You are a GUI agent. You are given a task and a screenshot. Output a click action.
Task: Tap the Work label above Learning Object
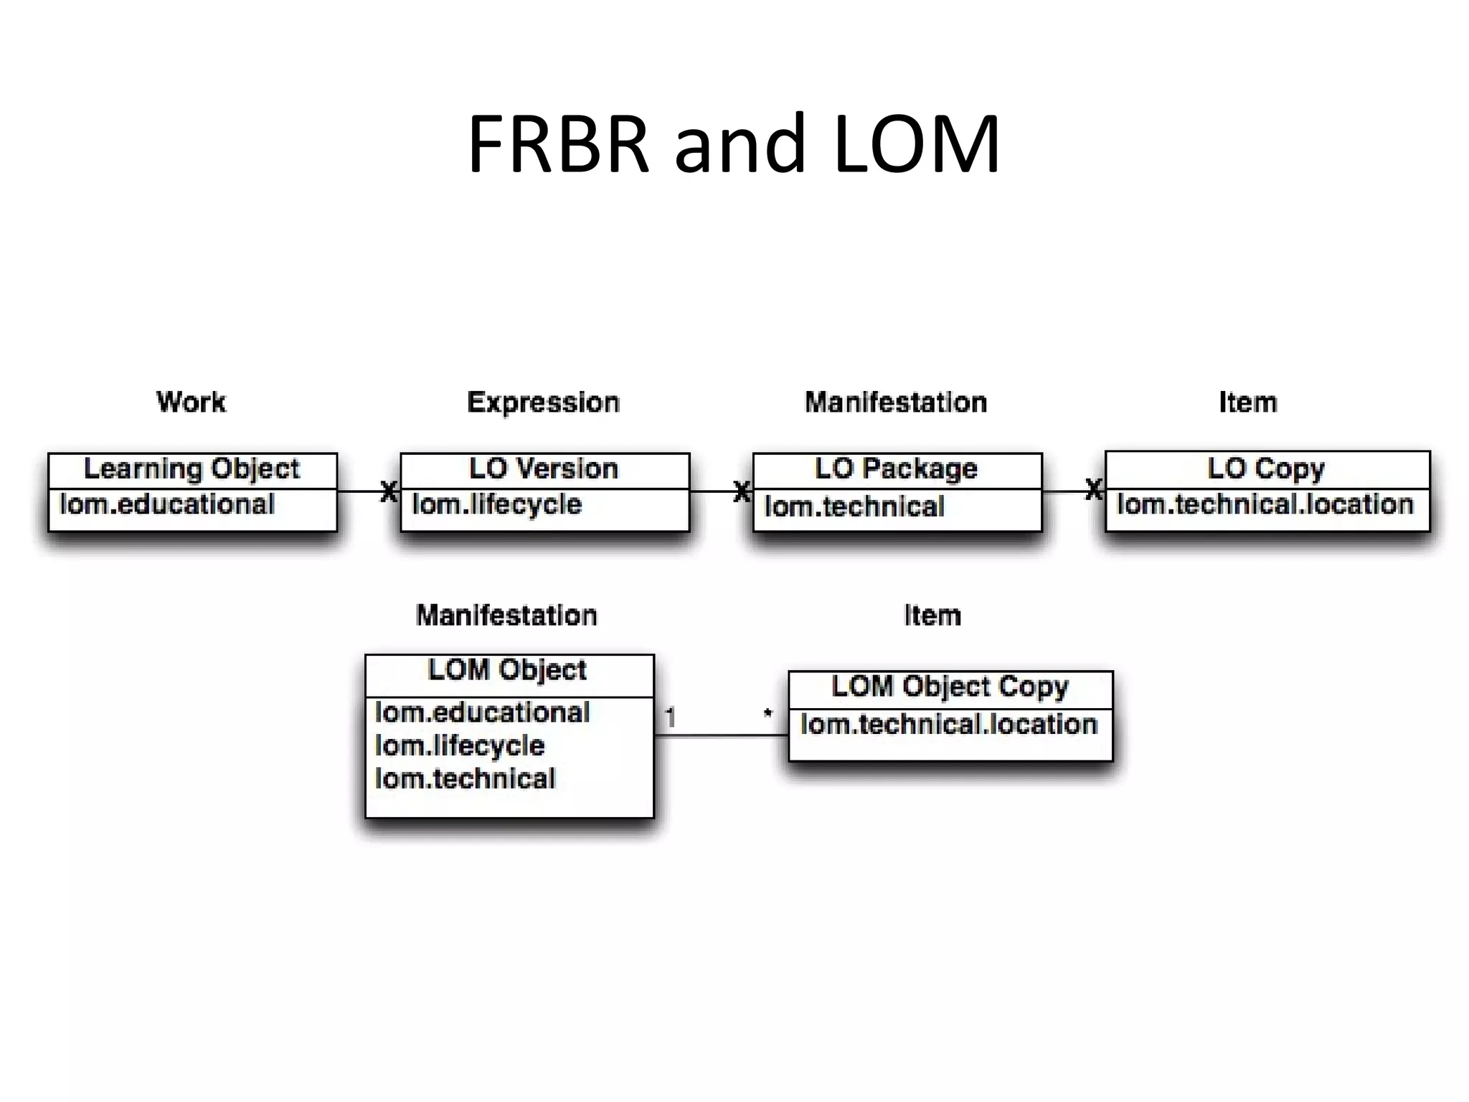[191, 402]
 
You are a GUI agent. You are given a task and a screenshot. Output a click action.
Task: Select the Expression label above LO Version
[543, 402]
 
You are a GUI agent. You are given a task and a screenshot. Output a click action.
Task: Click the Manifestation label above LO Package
[896, 402]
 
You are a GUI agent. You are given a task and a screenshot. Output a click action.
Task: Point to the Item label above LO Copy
[1247, 402]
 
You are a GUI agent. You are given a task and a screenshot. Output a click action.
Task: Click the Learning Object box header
[192, 469]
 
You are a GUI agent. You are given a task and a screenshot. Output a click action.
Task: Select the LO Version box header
[544, 469]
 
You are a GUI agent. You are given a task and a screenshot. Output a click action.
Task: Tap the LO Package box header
[896, 469]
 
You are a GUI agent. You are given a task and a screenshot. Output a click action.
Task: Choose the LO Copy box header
[1266, 468]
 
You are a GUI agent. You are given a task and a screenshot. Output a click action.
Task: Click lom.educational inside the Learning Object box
[167, 504]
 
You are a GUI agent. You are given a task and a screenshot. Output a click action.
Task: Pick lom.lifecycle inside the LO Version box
[496, 504]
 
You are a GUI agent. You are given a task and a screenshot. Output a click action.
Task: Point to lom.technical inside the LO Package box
[854, 507]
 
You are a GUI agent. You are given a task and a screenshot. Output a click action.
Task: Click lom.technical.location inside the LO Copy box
[1265, 504]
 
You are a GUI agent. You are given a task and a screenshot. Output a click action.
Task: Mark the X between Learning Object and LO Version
[388, 492]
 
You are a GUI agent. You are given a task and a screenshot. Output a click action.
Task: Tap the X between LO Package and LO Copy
[1093, 491]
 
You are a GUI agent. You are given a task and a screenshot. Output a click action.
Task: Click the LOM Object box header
[507, 670]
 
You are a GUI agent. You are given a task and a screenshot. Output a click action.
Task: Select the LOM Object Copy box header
[950, 687]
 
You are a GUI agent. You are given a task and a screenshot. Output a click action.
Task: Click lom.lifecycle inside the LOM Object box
[460, 746]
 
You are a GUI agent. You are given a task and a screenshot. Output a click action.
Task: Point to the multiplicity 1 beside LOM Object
[670, 717]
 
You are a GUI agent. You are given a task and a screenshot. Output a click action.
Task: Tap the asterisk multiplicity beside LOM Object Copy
[767, 715]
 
